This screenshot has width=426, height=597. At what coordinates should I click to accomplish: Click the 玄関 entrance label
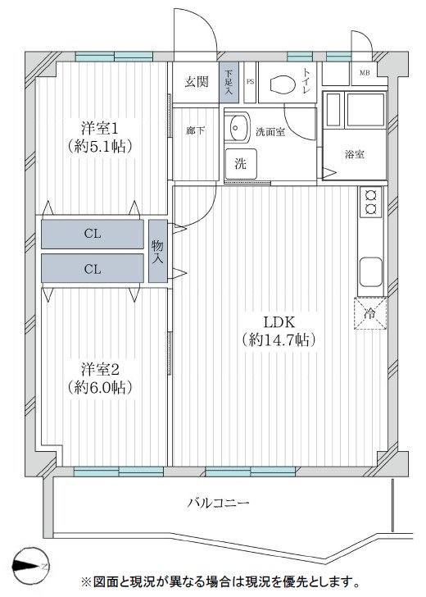[195, 81]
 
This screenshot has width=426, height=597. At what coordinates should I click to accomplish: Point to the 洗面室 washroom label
[270, 131]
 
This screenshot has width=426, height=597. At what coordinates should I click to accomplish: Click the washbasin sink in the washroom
[238, 128]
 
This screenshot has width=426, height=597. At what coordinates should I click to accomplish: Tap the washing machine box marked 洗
[241, 163]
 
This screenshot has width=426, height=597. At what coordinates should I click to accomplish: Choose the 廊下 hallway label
[195, 131]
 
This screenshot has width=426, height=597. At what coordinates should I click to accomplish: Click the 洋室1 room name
[100, 128]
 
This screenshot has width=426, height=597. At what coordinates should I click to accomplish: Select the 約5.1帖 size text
[100, 147]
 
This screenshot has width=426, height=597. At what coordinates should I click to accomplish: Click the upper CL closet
[93, 234]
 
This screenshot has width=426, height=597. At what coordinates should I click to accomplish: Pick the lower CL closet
[93, 267]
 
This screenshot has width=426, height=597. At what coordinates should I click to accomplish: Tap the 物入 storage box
[157, 251]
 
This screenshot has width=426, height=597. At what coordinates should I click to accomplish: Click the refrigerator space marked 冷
[369, 312]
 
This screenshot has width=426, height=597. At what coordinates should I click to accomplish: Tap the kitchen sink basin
[369, 269]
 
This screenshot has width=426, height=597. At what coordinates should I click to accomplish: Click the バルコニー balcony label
[218, 503]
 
